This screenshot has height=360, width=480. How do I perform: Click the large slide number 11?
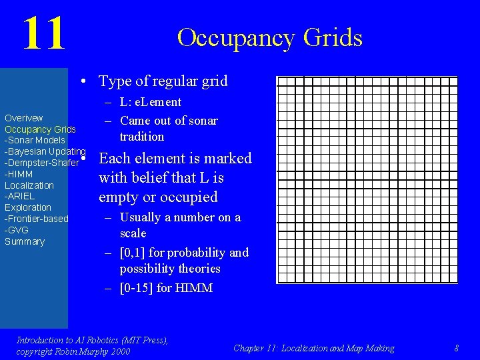point(44,34)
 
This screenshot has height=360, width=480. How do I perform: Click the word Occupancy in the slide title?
point(236,38)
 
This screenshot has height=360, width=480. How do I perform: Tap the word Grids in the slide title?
point(332,38)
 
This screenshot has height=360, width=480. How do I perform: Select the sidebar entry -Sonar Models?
point(35,140)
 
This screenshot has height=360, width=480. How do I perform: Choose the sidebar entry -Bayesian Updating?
point(45,151)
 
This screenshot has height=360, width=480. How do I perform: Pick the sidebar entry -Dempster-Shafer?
point(41,163)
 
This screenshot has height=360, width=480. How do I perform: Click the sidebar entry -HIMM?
point(19,174)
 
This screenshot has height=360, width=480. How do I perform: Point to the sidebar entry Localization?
point(29,185)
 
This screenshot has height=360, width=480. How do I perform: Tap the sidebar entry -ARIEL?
point(19,196)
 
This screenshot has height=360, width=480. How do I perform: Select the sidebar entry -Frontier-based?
point(36,219)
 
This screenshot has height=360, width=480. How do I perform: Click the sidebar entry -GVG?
point(17,230)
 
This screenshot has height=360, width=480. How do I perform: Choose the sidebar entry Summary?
point(25,241)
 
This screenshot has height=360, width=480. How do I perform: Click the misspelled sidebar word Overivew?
point(24,118)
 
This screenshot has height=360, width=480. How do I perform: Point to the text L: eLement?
point(150,102)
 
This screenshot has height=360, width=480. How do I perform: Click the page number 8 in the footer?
point(456,348)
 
